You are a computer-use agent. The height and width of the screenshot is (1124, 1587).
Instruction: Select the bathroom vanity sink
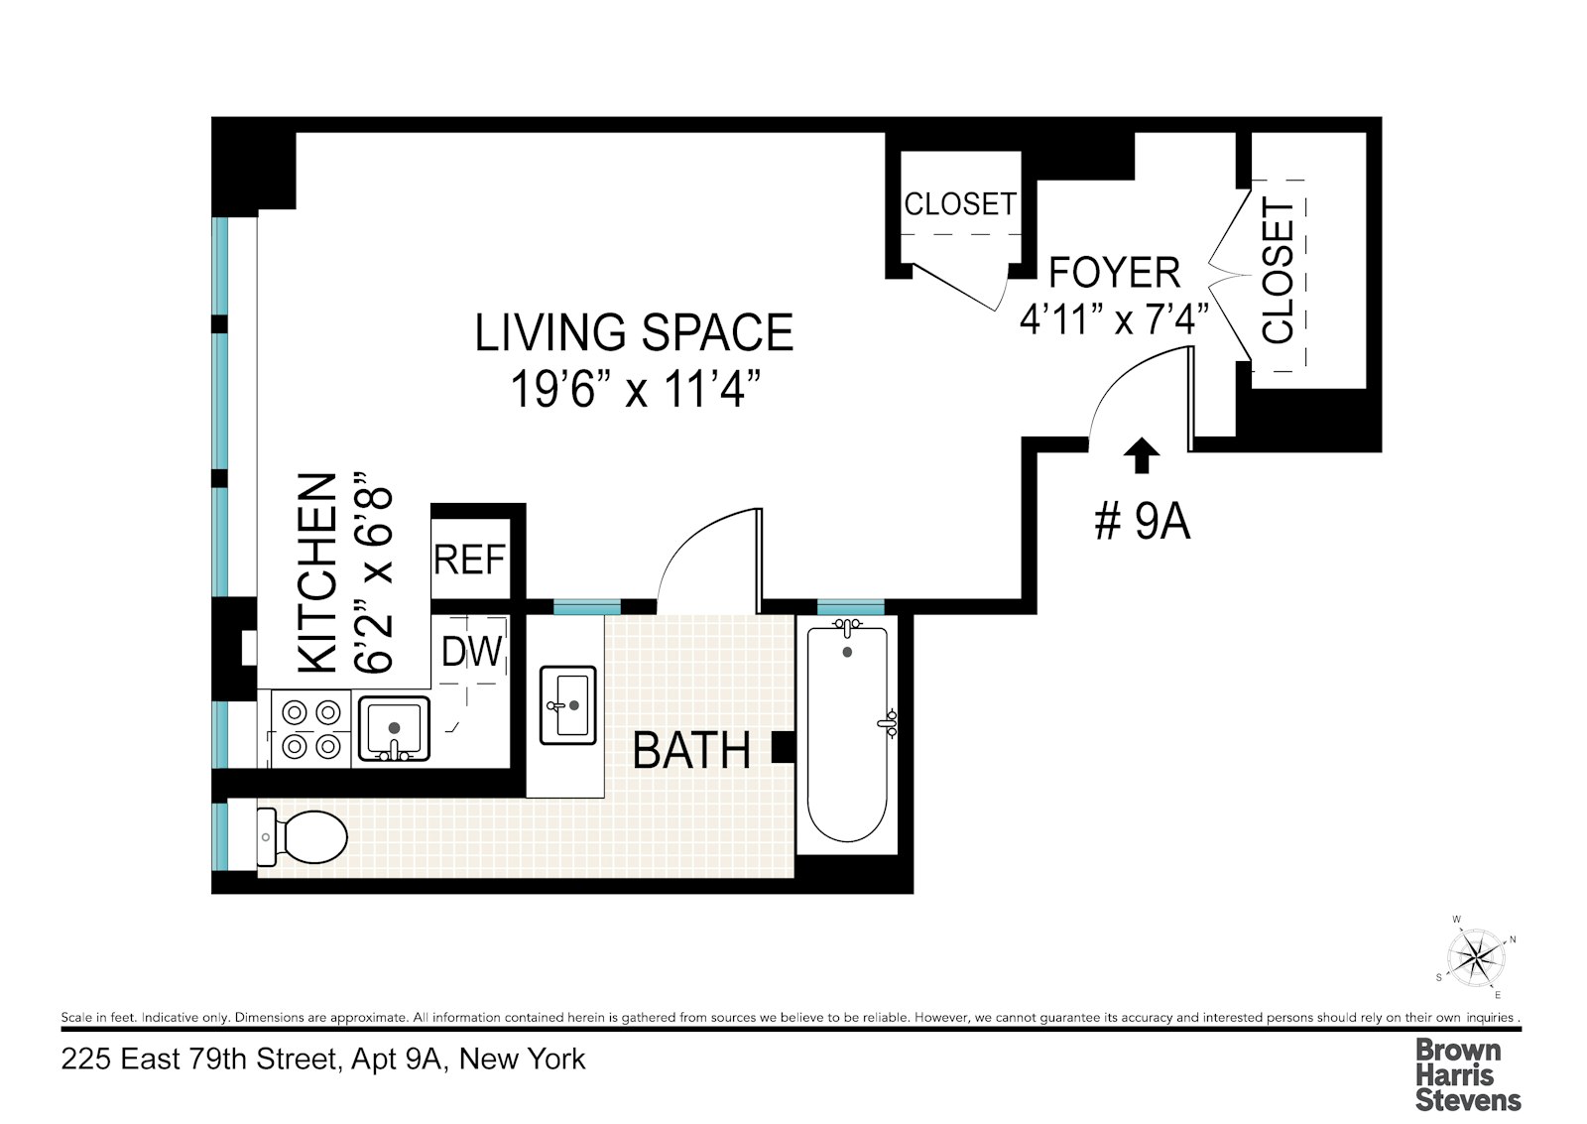coord(567,704)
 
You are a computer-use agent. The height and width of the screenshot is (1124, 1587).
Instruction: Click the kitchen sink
coord(394,728)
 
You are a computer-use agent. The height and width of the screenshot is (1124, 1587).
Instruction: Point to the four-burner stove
coord(310,728)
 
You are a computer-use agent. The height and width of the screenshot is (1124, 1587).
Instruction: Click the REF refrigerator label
coord(470,561)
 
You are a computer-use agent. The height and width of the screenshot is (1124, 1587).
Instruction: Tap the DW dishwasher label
coord(472,652)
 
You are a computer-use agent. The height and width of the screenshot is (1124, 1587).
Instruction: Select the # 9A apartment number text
coord(1142,521)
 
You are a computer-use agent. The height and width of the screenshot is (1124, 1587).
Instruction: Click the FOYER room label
coord(1114,273)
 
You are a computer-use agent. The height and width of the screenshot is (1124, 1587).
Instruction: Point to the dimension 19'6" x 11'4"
coord(635,389)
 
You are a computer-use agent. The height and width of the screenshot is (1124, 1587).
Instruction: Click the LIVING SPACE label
coord(634,333)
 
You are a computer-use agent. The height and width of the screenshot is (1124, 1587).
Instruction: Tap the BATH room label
coord(691,751)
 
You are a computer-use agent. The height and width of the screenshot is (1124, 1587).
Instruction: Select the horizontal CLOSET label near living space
coord(959,204)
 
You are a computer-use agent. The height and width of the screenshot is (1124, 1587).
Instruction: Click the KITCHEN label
coord(318,572)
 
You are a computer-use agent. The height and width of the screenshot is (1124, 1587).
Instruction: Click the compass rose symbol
coord(1477,958)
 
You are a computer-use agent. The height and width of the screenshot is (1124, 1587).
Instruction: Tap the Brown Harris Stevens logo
coord(1467,1074)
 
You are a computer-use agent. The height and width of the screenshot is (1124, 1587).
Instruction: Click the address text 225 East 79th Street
coord(323,1060)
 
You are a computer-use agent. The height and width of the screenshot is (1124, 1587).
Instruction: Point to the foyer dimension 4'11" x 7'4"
coord(1114,319)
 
